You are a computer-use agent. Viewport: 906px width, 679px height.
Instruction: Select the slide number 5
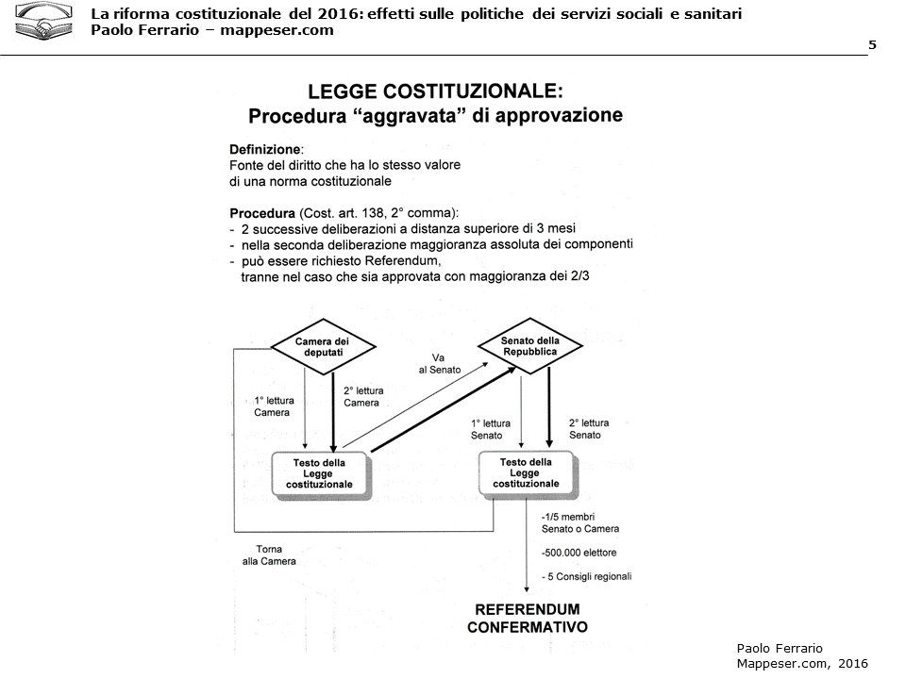point(871,45)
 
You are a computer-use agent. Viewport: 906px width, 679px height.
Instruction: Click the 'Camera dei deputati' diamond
point(323,347)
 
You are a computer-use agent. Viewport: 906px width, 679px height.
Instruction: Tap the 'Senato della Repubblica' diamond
point(529,346)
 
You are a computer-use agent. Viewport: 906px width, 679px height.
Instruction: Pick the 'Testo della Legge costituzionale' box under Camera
point(320,473)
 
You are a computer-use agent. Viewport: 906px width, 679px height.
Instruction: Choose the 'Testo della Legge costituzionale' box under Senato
point(526,472)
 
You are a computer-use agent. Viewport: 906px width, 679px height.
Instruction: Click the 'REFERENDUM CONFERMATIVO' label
point(527,618)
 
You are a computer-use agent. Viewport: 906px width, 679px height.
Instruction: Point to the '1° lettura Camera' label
point(274,406)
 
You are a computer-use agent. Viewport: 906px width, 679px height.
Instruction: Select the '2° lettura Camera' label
point(362,397)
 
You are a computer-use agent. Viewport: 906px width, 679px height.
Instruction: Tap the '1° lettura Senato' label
point(491,429)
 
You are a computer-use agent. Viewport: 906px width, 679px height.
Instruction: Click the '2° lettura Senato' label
point(589,429)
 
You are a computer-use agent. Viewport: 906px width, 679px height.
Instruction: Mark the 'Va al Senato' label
point(439,364)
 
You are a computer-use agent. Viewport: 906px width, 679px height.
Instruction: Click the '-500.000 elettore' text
point(579,553)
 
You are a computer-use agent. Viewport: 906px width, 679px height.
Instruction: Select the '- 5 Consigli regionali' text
point(586,576)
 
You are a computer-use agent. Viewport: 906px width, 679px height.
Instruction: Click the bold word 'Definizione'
point(265,150)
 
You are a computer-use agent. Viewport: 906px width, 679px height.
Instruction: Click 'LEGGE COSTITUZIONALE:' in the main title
point(435,91)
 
